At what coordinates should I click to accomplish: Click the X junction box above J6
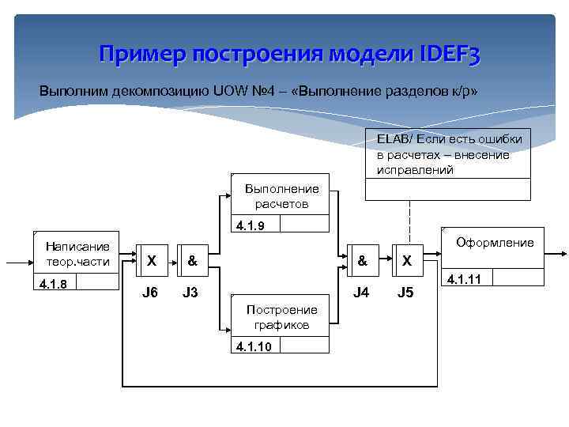pyautogui.click(x=151, y=259)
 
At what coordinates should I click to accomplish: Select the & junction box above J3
pyautogui.click(x=191, y=259)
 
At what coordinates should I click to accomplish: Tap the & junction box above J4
pyautogui.click(x=361, y=259)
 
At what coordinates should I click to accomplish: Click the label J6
pyautogui.click(x=150, y=293)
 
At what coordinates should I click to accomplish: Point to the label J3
pyautogui.click(x=190, y=293)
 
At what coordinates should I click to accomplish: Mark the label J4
pyautogui.click(x=361, y=293)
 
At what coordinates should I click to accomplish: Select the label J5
pyautogui.click(x=405, y=293)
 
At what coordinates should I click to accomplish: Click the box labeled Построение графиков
pyautogui.click(x=282, y=317)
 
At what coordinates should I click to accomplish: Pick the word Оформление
pyautogui.click(x=495, y=243)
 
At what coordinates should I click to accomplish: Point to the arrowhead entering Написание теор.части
pyautogui.click(x=28, y=260)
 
